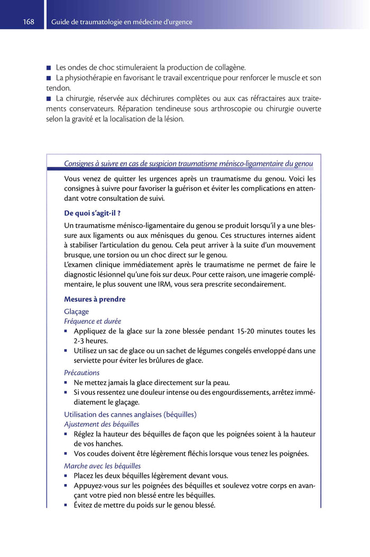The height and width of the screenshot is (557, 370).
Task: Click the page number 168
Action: (29, 22)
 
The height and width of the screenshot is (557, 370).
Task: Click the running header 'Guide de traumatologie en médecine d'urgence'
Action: (122, 22)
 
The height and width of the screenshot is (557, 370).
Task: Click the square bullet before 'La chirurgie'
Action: (49, 99)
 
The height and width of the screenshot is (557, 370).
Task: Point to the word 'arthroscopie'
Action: (224, 109)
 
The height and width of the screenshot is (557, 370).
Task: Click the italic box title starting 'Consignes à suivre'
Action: (188, 164)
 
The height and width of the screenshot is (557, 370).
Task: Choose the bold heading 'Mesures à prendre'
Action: (95, 299)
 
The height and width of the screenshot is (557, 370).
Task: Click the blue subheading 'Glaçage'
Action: (77, 311)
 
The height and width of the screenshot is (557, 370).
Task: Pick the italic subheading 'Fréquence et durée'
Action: (92, 321)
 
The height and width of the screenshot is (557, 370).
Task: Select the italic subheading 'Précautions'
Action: (82, 372)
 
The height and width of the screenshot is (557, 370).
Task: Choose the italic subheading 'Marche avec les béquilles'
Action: (103, 466)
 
